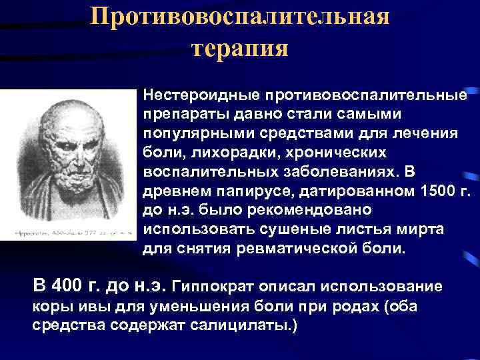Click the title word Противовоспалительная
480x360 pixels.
click(240, 16)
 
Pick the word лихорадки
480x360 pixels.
click(212, 153)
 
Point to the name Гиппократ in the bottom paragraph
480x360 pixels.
click(213, 287)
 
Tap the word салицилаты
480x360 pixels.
click(247, 327)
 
